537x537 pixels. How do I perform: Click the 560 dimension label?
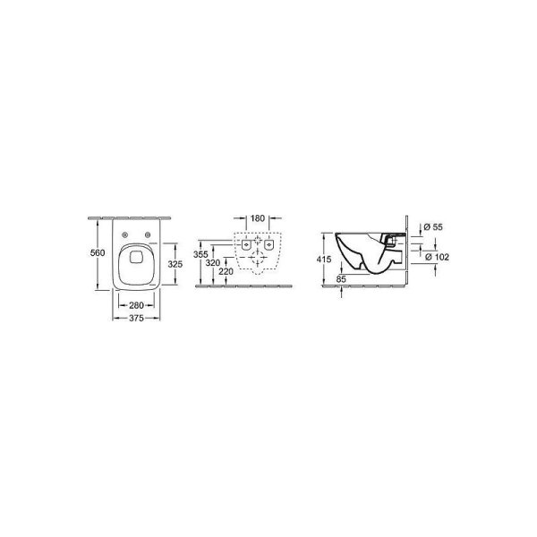(x=98, y=253)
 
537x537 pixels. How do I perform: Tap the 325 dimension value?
(x=175, y=265)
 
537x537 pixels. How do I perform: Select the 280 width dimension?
(x=136, y=303)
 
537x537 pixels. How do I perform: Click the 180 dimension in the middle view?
(x=257, y=217)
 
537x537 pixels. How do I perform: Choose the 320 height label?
(x=212, y=264)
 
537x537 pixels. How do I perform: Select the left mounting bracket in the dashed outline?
(x=244, y=243)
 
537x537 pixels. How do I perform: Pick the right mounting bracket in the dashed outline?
(x=269, y=243)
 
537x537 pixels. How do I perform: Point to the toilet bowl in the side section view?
(x=362, y=252)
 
